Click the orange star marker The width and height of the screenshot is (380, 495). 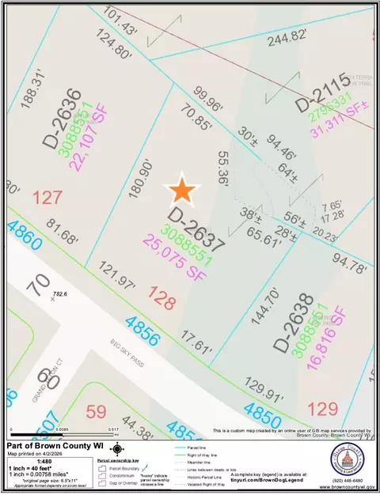[x=182, y=191]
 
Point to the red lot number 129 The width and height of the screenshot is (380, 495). [x=322, y=410]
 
